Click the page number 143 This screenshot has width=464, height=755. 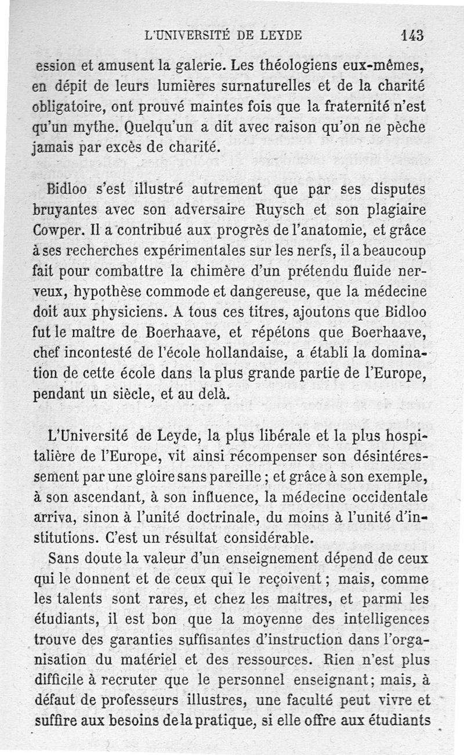tap(412, 34)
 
